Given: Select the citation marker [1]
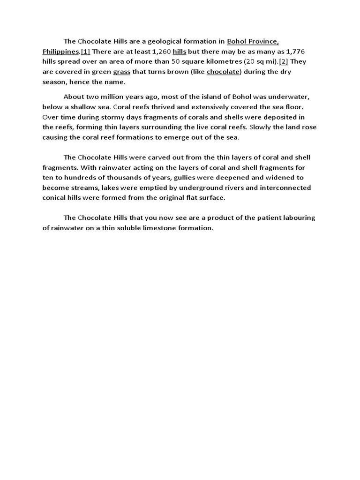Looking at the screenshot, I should (85, 51).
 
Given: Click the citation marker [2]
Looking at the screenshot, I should (284, 61).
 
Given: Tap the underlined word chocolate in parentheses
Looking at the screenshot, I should (223, 72).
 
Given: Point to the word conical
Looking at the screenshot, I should (56, 198).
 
